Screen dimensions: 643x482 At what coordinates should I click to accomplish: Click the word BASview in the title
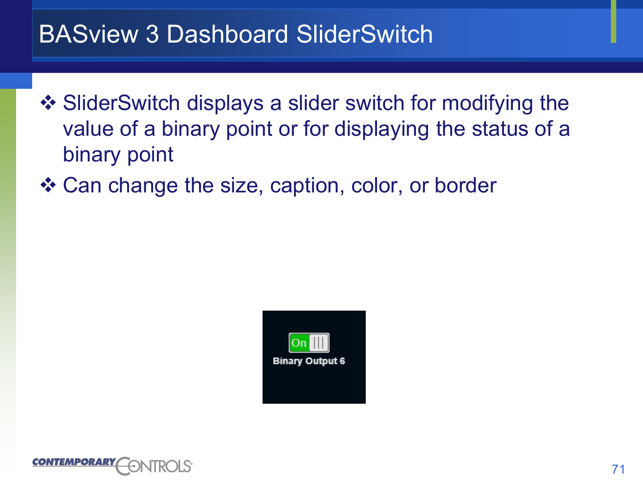point(88,34)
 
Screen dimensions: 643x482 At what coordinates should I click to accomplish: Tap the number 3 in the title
point(152,34)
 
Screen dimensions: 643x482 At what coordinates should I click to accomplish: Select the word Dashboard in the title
point(227,34)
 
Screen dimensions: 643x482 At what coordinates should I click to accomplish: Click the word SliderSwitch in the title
point(365,34)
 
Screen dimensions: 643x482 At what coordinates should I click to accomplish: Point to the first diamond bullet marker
point(48,103)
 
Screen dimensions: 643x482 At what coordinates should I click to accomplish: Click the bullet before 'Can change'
point(48,185)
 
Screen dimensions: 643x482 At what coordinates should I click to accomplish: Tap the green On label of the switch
point(299,343)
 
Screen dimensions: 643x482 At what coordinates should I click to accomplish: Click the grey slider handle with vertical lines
point(319,343)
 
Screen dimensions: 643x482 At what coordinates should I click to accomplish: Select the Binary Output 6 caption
point(309,361)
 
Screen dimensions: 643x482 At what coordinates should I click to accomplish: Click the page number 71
point(618,469)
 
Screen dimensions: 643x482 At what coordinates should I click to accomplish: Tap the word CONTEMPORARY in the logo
point(74,462)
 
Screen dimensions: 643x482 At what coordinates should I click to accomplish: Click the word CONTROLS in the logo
point(154,466)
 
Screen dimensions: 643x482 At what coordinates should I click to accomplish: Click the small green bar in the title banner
point(613,21)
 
